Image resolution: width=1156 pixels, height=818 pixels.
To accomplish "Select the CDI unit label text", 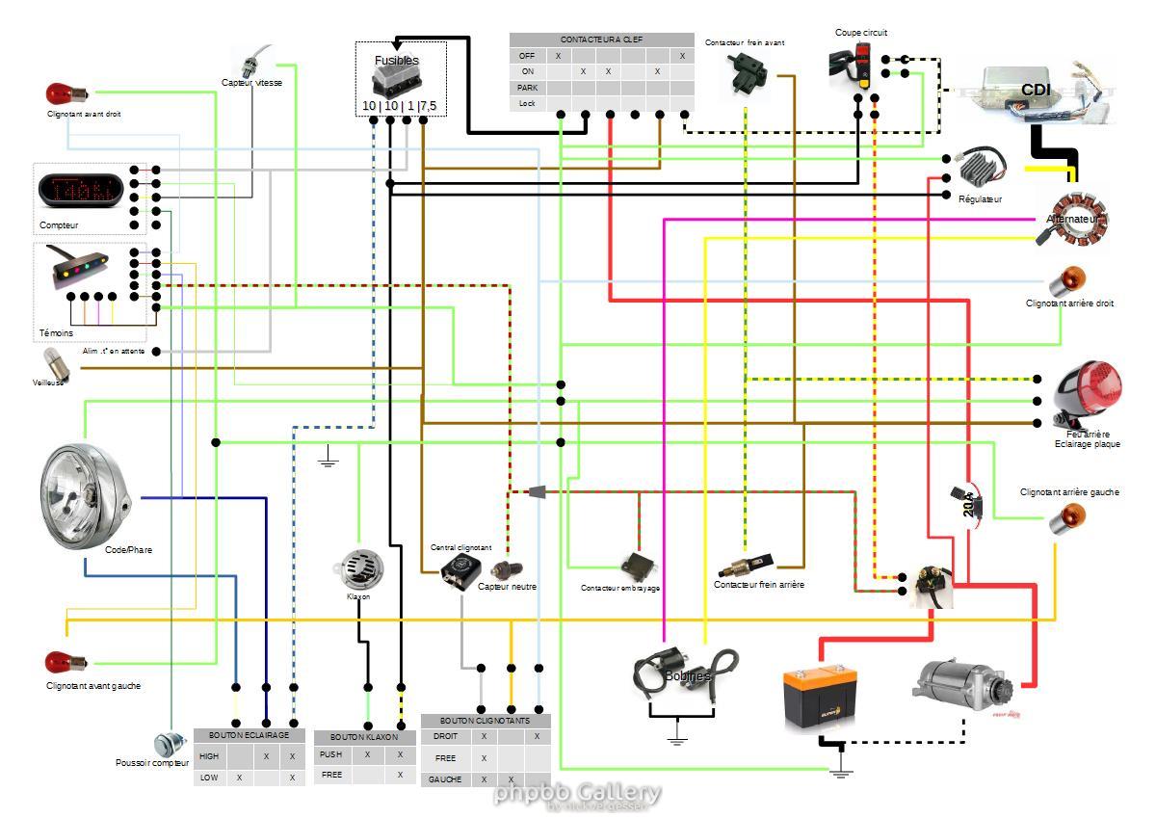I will (x=1036, y=90).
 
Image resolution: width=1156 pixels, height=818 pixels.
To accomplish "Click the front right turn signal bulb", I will (x=65, y=94).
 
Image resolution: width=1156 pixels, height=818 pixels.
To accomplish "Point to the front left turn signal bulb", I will (x=65, y=663).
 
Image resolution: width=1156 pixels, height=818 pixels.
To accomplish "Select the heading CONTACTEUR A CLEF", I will (x=601, y=40).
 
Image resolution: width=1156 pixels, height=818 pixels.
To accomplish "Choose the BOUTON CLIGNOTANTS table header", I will (x=485, y=721).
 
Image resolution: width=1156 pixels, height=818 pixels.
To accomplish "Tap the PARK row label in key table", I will (x=527, y=87).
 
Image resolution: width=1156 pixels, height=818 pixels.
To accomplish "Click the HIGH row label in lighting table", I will (x=209, y=756).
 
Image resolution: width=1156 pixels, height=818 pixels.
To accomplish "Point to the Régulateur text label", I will (x=980, y=199).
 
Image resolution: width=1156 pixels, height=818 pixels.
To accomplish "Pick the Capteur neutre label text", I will (x=507, y=586).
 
